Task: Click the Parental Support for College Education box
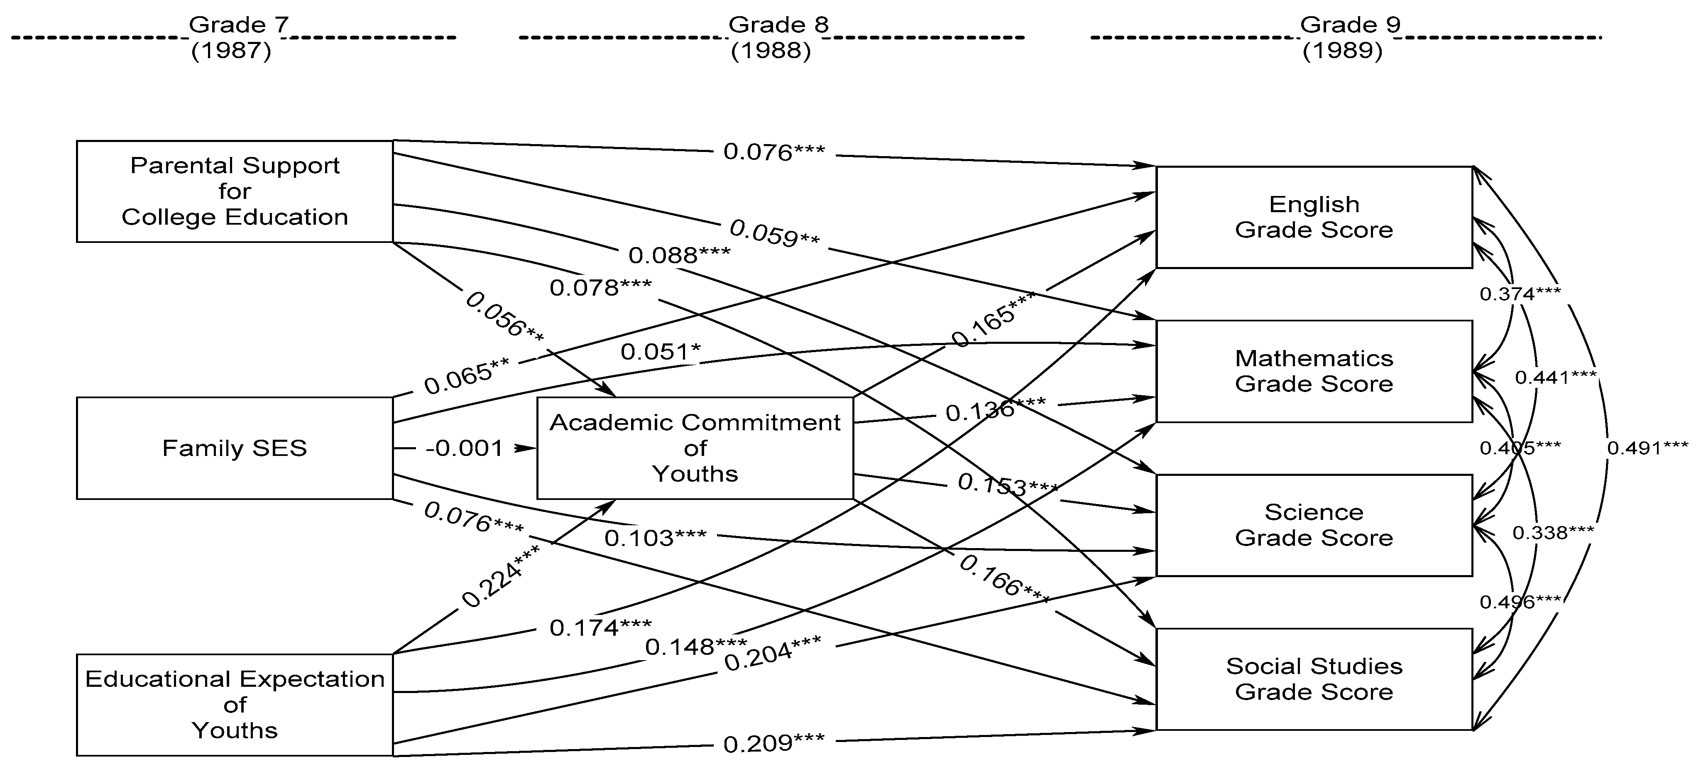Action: pyautogui.click(x=235, y=191)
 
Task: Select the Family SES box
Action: pyautogui.click(x=235, y=448)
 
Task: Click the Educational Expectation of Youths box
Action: pyautogui.click(x=235, y=705)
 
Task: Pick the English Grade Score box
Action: pyautogui.click(x=1314, y=217)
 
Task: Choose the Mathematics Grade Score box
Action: pyautogui.click(x=1314, y=371)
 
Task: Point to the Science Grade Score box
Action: pyautogui.click(x=1314, y=525)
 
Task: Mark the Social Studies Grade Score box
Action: pyautogui.click(x=1314, y=679)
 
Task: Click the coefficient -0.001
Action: pyautogui.click(x=464, y=448)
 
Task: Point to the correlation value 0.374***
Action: pyautogui.click(x=1520, y=294)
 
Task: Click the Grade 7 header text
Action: pyautogui.click(x=238, y=25)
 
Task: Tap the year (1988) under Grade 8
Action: pyautogui.click(x=770, y=51)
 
